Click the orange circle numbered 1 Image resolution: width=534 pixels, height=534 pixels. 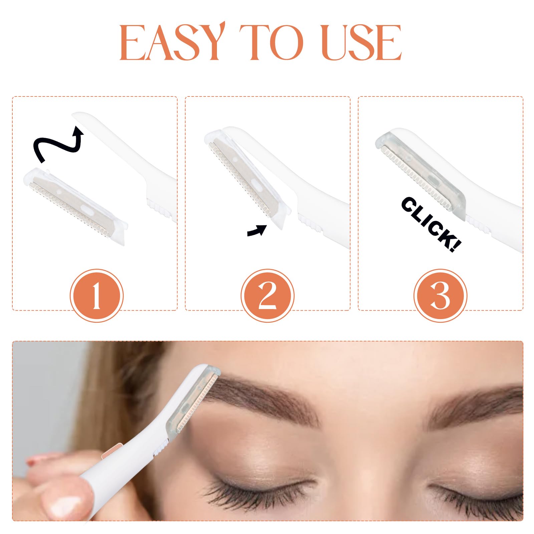point(96,296)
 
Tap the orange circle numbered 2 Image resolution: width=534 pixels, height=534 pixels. point(267,296)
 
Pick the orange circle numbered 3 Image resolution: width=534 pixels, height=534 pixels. point(440,296)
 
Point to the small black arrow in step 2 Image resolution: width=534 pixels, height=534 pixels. point(257,230)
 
